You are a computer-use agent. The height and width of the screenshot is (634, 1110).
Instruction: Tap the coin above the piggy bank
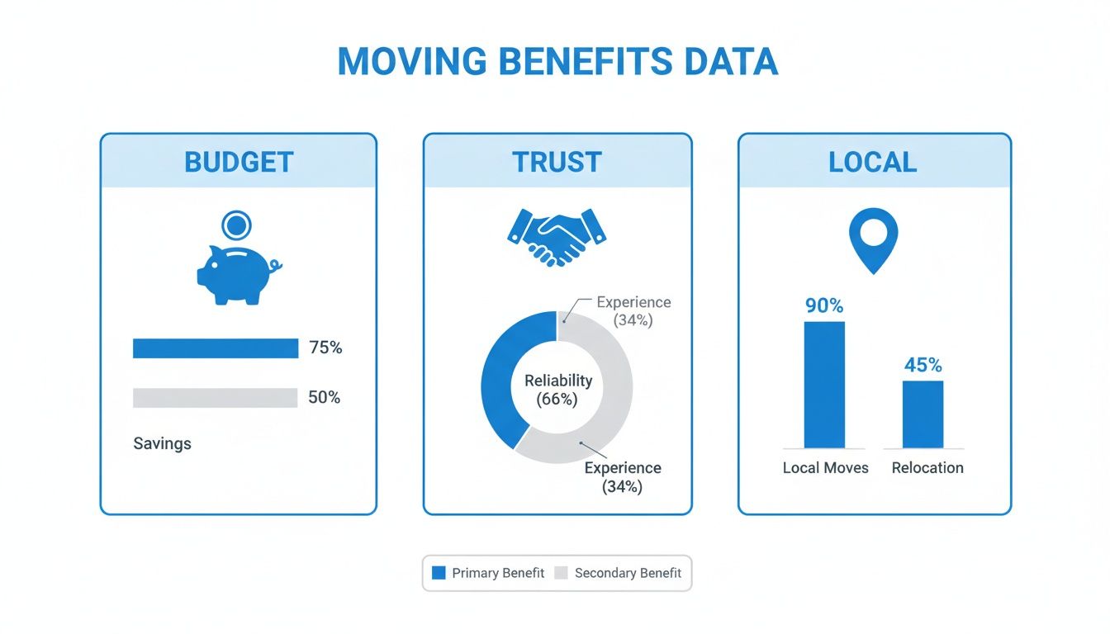point(237,225)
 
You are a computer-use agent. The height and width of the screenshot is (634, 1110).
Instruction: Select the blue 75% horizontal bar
point(216,348)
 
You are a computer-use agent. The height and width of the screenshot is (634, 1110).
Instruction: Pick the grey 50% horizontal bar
point(215,398)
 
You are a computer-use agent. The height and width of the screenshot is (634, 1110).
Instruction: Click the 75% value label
point(325,348)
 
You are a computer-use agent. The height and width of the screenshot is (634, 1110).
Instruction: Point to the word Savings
point(162,443)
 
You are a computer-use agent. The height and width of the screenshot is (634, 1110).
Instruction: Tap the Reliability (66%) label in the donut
point(557,390)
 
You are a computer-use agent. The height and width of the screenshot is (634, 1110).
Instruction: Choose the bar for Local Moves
point(824,385)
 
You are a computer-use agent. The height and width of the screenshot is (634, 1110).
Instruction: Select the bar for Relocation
point(923,414)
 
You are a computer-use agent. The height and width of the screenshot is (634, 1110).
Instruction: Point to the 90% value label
point(824,306)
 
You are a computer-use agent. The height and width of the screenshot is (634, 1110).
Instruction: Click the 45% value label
point(923,365)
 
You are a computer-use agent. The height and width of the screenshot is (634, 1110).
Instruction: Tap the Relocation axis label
point(927,467)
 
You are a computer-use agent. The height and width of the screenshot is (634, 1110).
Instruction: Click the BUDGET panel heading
point(239,162)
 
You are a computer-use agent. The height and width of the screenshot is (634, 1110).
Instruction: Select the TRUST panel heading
point(557,162)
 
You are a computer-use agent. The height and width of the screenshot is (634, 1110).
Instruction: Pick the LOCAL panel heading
point(873,162)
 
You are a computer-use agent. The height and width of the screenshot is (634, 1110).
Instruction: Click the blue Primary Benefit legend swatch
point(439,573)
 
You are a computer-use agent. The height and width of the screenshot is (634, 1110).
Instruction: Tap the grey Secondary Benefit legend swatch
point(561,573)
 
